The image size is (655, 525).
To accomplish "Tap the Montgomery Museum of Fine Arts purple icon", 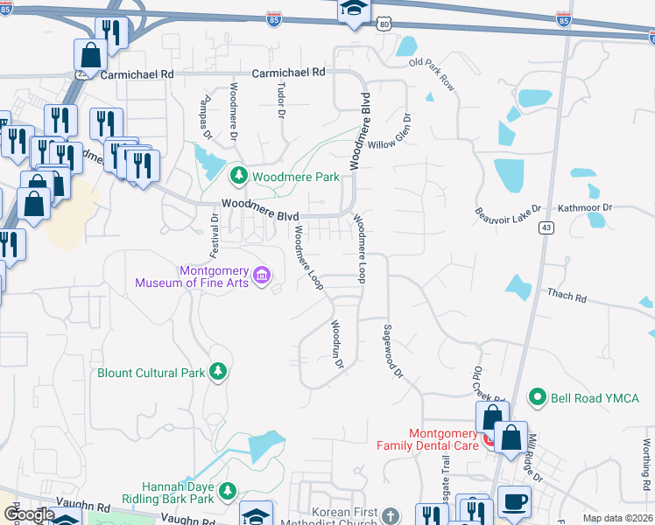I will (261, 276).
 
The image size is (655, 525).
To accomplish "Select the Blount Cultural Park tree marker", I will (217, 373).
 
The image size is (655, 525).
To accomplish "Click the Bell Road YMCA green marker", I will (538, 397).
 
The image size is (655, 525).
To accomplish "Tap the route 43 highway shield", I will (546, 227).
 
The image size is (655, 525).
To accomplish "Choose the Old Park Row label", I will (432, 74).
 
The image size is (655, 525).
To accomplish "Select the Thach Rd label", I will (567, 297).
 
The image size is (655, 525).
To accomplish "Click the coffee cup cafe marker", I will (514, 501).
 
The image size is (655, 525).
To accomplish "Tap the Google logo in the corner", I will (28, 515).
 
